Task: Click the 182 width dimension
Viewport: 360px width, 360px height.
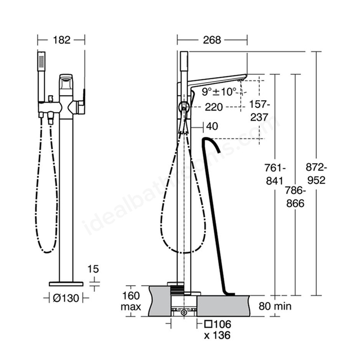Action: [x=61, y=40]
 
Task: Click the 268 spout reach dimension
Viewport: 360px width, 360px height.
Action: [x=212, y=40]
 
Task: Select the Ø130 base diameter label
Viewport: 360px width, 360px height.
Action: [x=66, y=298]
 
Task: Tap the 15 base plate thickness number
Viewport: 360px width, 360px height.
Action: [x=93, y=269]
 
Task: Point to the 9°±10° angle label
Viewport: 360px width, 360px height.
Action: [x=219, y=92]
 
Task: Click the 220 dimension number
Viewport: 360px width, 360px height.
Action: [x=214, y=107]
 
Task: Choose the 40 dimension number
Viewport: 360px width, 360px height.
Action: [x=212, y=126]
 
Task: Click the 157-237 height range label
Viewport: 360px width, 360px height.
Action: [x=259, y=111]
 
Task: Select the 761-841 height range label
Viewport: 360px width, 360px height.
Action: [x=275, y=174]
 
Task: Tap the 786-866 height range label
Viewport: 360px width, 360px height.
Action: [x=295, y=197]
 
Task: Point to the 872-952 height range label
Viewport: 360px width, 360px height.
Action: [x=316, y=174]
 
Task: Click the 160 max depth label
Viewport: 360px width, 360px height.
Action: [x=131, y=301]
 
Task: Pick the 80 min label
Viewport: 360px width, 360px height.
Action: [x=275, y=306]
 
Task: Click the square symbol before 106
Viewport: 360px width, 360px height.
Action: [x=208, y=324]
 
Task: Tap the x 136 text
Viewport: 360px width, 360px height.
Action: [x=217, y=335]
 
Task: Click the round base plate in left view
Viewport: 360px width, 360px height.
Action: [x=66, y=284]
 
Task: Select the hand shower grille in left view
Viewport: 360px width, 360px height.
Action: [x=41, y=61]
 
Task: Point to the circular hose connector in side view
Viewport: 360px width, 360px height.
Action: [x=184, y=107]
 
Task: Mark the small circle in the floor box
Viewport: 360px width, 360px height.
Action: [x=184, y=313]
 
